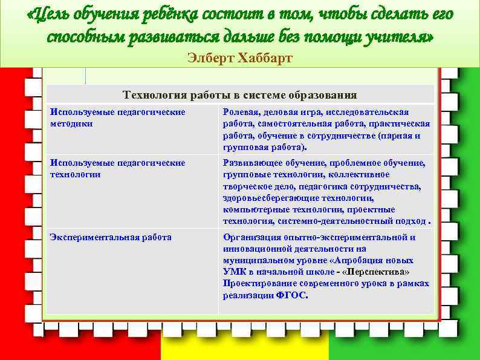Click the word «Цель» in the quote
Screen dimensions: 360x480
54,15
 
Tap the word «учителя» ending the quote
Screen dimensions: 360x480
400,38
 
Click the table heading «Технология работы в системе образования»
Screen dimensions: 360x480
240,95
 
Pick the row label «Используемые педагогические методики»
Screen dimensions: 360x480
117,117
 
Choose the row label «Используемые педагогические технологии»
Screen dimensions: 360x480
117,168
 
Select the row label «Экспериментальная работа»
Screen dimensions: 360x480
110,237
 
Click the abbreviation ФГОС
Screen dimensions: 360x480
293,295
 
